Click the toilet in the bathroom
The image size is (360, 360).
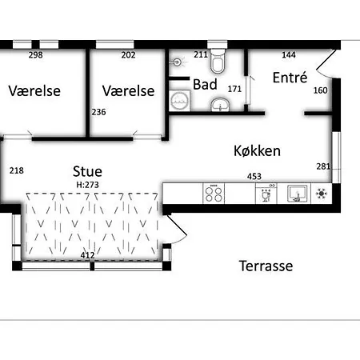tap(217, 61)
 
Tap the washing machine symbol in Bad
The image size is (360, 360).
tap(180, 101)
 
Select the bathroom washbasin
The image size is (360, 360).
tap(220, 104)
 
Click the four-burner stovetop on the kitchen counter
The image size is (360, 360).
tap(214, 194)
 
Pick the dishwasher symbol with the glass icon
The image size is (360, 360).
tap(266, 194)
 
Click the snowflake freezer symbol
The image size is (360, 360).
tap(322, 194)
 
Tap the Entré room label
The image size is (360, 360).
tap(290, 78)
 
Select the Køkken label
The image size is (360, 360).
tap(257, 151)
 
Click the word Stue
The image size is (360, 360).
tap(87, 171)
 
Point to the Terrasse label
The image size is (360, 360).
tap(266, 266)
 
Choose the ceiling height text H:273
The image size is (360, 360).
tap(87, 185)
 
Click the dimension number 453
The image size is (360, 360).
tap(254, 176)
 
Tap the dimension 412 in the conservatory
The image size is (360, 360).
tap(87, 255)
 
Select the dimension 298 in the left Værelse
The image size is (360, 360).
tap(36, 55)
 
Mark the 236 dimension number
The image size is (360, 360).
tap(98, 112)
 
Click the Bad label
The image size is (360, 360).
tap(205, 85)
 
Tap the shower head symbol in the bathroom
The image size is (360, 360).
tap(178, 62)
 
